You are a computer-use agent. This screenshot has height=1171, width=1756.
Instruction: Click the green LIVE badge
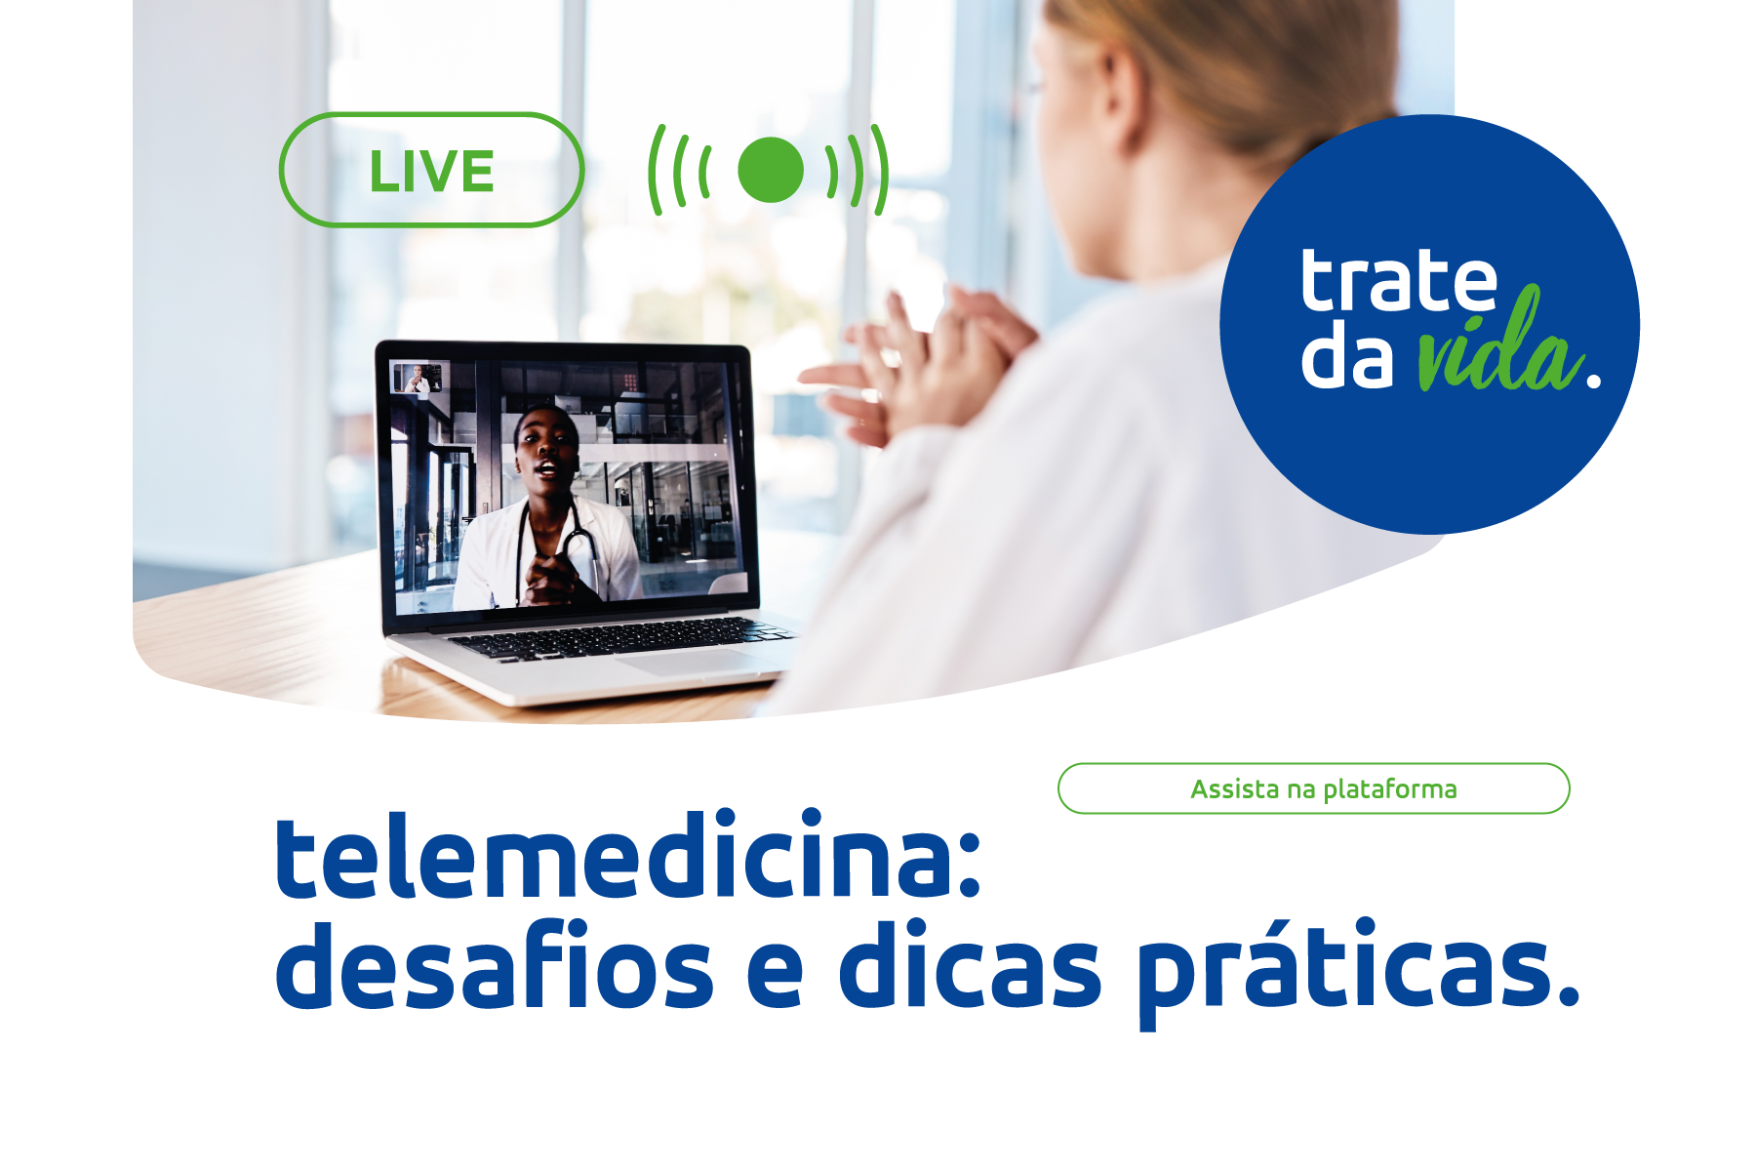[431, 171]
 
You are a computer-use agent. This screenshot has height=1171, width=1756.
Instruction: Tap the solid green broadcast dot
[770, 170]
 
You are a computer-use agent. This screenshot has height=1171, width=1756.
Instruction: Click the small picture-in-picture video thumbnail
[417, 378]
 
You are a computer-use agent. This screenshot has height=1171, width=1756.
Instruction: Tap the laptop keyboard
[615, 638]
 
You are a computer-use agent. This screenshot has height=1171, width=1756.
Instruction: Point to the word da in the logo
[1347, 355]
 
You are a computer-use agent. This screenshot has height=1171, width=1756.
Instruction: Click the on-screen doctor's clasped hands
[551, 576]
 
